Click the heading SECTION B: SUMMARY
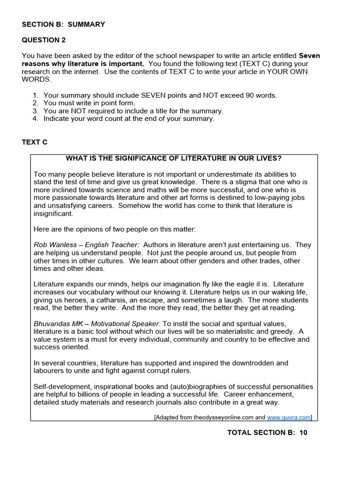click(x=63, y=24)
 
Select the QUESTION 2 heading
click(x=40, y=40)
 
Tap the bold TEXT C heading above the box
click(x=34, y=142)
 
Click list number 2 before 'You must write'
click(x=35, y=103)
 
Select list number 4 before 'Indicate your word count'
click(x=35, y=119)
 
